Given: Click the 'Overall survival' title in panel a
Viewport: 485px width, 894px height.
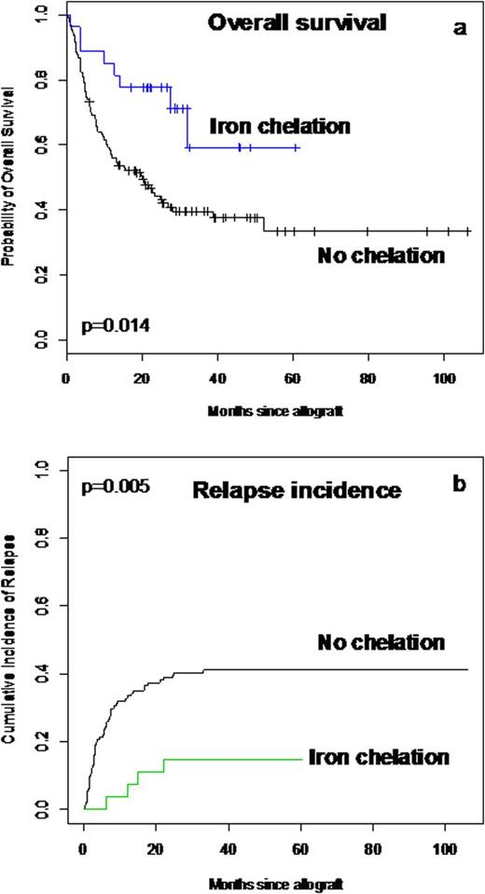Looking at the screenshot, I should (298, 22).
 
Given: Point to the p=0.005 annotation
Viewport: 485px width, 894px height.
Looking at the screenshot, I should (117, 487).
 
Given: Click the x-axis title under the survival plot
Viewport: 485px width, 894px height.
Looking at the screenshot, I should (255, 385).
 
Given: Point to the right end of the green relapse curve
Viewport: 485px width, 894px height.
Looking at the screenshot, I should (302, 759).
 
